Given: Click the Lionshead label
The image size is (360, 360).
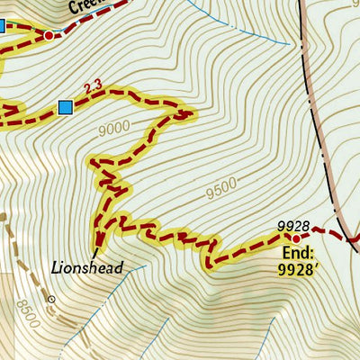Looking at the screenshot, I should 87,266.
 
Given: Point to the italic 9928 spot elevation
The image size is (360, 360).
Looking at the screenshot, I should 293,225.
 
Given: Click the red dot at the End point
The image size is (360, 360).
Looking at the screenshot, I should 295,238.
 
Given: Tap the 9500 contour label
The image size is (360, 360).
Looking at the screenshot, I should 220,189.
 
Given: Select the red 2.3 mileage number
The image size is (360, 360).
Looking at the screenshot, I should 92,87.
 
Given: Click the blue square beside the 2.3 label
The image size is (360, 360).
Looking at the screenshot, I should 65,108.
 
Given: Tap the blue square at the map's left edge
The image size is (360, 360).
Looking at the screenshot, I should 2,26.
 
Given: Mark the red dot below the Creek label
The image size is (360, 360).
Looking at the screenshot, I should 49,35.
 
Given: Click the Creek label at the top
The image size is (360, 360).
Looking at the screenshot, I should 84,8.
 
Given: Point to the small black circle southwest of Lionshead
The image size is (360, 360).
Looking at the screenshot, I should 51,298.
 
